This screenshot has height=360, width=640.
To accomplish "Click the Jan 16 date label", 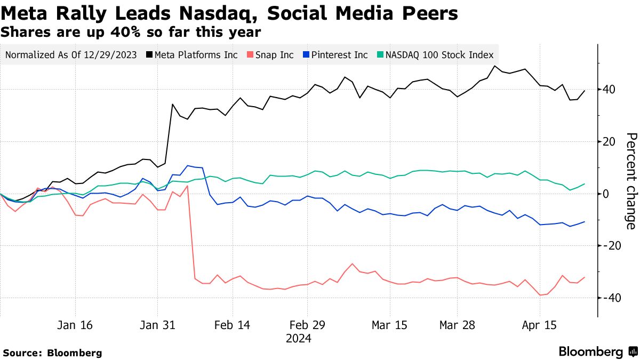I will tap(75, 325).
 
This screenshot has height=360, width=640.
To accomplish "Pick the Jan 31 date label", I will tap(157, 325).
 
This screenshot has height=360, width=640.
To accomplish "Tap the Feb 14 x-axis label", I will tap(232, 325).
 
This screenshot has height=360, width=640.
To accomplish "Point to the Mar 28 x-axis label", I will tap(458, 325).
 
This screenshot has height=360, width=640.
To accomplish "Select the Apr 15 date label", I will tap(539, 325).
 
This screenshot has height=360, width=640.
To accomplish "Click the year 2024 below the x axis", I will tap(298, 339).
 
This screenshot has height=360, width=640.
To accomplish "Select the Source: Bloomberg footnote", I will tap(52, 353).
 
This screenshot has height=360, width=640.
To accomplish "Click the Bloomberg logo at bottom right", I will tap(598, 352).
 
